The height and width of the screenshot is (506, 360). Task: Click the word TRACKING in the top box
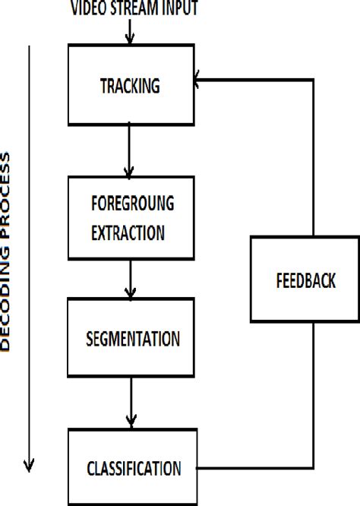click(130, 85)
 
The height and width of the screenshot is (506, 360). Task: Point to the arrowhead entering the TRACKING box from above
click(130, 39)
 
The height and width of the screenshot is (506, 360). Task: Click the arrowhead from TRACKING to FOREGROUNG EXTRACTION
click(130, 172)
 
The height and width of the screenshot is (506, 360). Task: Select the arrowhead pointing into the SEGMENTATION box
click(131, 293)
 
